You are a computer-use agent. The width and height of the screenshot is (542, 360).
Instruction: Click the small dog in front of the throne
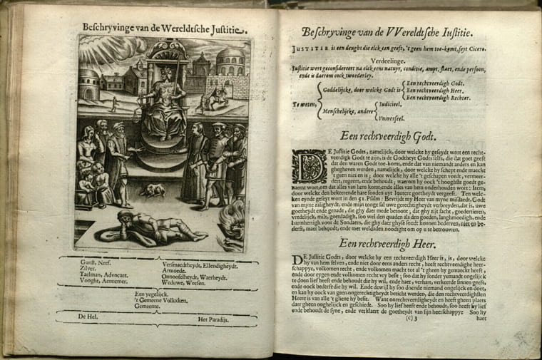152,190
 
